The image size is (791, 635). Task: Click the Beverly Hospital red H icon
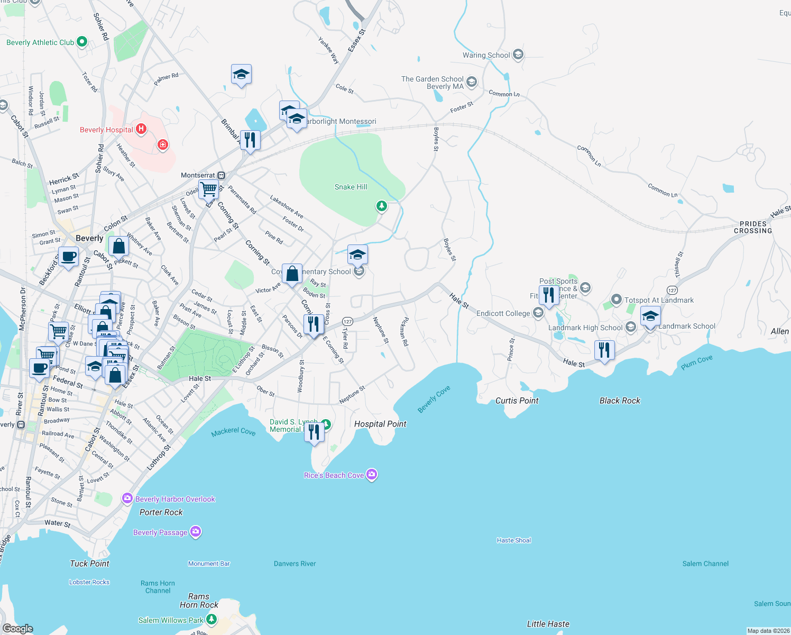[141, 129]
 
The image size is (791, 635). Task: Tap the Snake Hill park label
[351, 187]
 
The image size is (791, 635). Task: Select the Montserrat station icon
[222, 175]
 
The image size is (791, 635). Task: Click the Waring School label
[486, 55]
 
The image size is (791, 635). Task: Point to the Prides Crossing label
[753, 228]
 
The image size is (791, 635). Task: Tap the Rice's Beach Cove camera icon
[372, 475]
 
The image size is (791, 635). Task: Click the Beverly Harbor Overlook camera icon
[127, 498]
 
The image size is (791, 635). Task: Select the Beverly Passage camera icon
[196, 531]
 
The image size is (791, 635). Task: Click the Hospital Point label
[380, 424]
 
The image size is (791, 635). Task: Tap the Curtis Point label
[517, 401]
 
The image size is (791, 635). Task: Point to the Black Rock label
[620, 401]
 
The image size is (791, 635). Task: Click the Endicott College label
[503, 313]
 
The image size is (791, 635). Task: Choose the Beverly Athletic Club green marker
[82, 42]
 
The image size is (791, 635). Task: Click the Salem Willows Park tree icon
[211, 619]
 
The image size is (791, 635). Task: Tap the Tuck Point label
[89, 564]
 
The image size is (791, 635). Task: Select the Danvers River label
[295, 564]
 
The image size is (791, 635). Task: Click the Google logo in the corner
[17, 628]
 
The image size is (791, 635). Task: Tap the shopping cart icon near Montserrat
[209, 188]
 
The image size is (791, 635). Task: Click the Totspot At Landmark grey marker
[616, 300]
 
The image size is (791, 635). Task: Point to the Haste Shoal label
[513, 540]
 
